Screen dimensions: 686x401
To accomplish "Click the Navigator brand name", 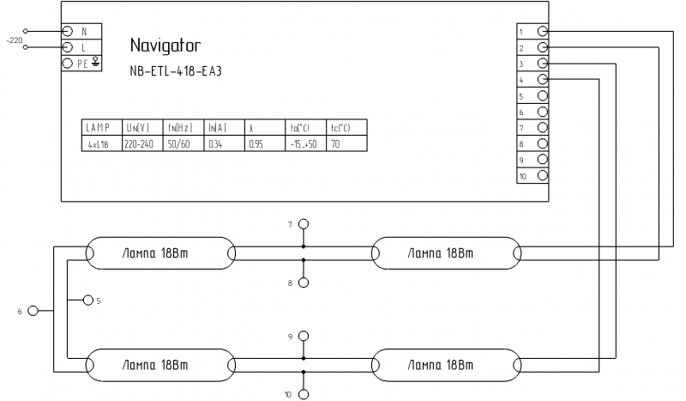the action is coord(165,46).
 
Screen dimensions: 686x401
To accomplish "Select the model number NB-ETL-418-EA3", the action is coord(176,71).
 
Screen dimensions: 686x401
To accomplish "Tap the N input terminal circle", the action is coord(67,31).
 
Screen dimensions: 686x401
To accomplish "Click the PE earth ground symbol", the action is coord(95,62).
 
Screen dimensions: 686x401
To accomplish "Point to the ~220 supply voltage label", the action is coord(14,40).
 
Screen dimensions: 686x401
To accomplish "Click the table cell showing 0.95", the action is coord(265,143).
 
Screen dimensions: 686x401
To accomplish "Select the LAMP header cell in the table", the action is coord(102,128).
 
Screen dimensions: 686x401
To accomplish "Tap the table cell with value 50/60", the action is coord(184,143).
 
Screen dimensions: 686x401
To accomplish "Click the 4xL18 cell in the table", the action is coord(102,143).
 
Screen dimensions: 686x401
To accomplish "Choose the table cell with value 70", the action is coord(346,143).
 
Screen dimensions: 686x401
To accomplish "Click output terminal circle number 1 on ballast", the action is coord(543,31).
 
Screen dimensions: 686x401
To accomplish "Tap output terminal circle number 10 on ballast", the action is coord(543,175).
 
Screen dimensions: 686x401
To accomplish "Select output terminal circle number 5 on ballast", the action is coord(543,95).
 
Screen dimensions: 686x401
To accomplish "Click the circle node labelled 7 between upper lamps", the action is coord(304,224).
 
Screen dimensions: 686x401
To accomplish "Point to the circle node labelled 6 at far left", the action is coord(33,311).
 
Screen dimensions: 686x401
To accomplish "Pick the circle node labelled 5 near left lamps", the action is coord(88,301).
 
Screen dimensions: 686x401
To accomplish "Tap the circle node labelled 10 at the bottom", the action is coord(304,394).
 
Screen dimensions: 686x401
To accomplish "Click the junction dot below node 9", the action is coord(304,358).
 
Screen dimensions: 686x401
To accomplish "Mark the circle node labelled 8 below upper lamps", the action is coord(304,283).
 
